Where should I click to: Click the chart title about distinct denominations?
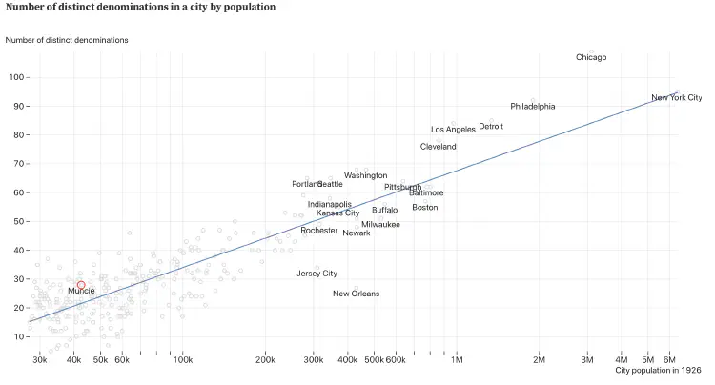[140, 7]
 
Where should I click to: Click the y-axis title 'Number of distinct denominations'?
[67, 40]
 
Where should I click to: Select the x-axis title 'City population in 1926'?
[658, 370]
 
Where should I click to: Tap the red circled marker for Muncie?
[81, 285]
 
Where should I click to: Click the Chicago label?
[591, 57]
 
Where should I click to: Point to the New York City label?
[676, 97]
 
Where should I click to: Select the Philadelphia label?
[532, 107]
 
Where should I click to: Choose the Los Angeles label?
[453, 130]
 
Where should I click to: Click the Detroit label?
[491, 126]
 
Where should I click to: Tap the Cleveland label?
[438, 147]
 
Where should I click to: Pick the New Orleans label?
[356, 294]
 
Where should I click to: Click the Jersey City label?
[317, 274]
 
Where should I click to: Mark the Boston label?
[425, 208]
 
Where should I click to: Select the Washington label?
[366, 175]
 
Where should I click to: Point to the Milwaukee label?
[380, 225]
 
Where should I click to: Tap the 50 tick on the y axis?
[19, 221]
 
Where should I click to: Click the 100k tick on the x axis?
[183, 359]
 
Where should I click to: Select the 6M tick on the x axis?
[671, 359]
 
